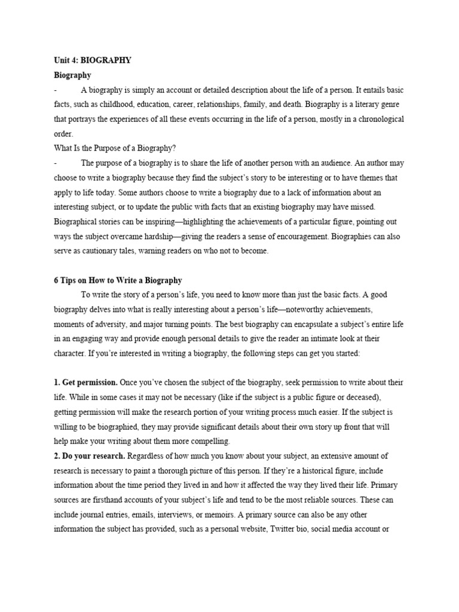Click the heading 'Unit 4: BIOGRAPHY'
click(93, 60)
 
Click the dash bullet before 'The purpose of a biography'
click(55, 163)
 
